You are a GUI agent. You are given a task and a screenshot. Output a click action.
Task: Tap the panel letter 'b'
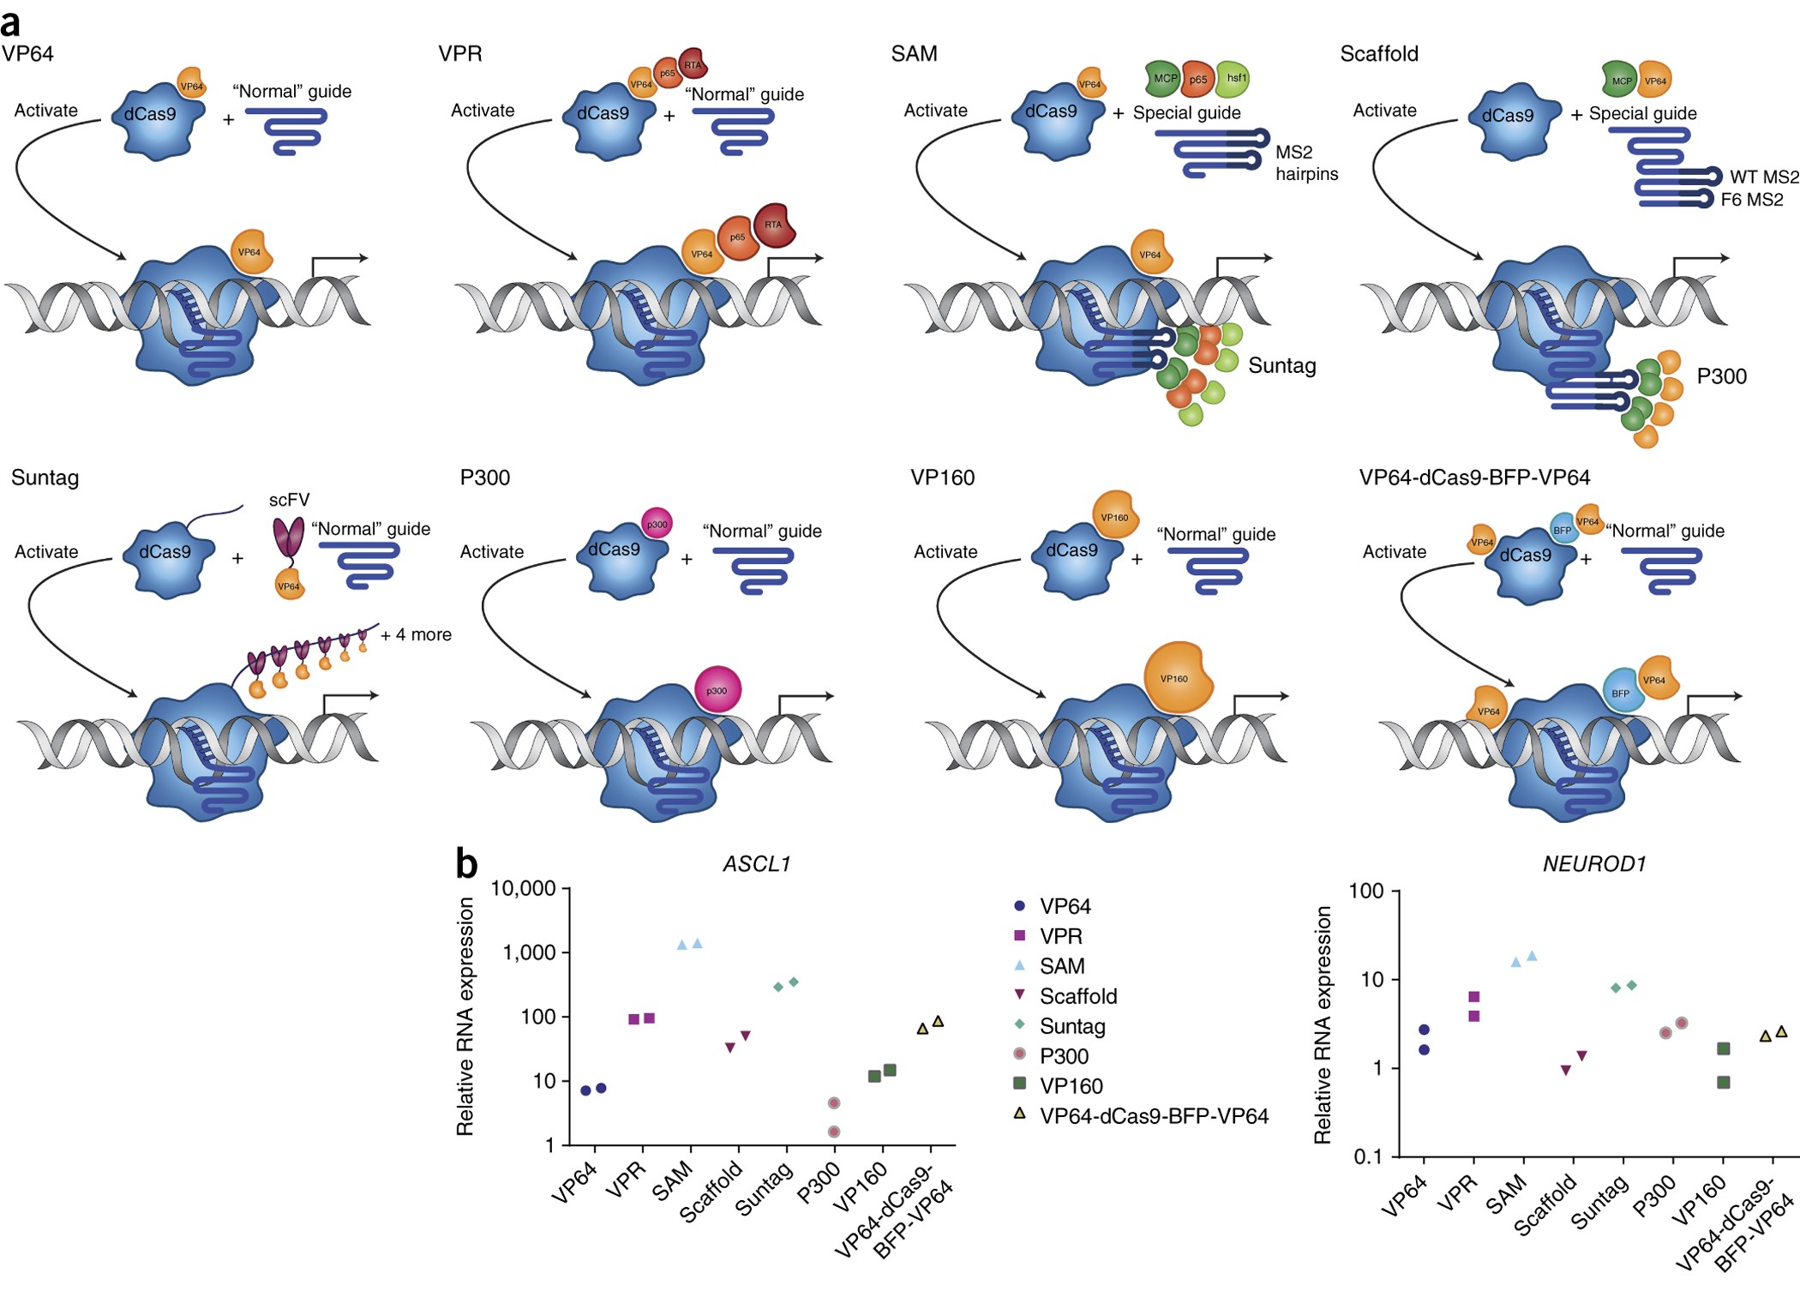(x=466, y=863)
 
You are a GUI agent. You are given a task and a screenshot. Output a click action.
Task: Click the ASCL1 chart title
(x=756, y=863)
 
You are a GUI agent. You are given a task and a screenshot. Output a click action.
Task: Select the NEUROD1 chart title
(x=1593, y=863)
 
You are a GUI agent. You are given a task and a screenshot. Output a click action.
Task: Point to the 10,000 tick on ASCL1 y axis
(x=523, y=888)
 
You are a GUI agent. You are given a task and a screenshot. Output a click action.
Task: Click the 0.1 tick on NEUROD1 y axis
(x=1368, y=1156)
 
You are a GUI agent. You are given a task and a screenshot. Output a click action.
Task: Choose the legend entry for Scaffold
(x=1077, y=996)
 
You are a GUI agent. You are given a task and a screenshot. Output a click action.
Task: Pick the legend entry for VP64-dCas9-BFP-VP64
(x=1153, y=1116)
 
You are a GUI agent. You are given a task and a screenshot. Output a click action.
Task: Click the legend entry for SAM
(x=1061, y=966)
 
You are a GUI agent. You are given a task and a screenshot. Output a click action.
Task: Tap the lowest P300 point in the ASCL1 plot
(x=834, y=1132)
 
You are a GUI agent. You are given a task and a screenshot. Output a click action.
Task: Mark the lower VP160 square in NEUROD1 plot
(x=1724, y=1083)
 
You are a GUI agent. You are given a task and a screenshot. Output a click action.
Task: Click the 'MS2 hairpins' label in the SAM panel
(x=1305, y=163)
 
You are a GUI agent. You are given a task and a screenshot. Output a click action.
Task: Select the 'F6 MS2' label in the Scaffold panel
(x=1751, y=200)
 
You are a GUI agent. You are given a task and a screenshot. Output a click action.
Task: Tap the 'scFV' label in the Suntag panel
(x=289, y=500)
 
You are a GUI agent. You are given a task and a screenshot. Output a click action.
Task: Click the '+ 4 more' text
(x=416, y=634)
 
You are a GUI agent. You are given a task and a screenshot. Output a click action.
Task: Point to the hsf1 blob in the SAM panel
(x=1233, y=79)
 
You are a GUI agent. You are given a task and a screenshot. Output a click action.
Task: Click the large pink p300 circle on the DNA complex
(x=717, y=690)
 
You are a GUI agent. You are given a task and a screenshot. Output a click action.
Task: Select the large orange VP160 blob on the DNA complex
(x=1178, y=678)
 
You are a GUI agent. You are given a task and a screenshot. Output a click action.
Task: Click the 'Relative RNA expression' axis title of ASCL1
(x=465, y=1016)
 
